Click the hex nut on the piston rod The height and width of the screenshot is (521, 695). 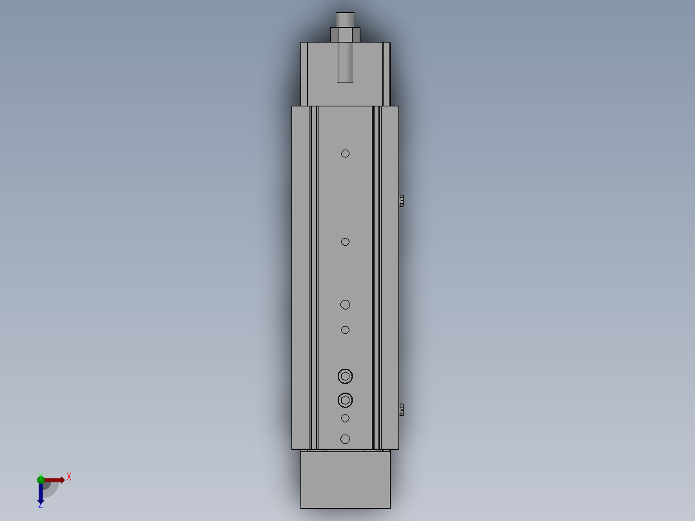click(345, 34)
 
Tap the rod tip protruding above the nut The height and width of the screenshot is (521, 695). click(345, 19)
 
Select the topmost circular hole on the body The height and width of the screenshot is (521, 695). click(346, 153)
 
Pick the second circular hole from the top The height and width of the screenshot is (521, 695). click(346, 242)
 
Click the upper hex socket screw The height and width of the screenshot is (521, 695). click(346, 376)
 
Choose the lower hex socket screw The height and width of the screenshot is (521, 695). click(346, 400)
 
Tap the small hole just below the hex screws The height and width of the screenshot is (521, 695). click(346, 418)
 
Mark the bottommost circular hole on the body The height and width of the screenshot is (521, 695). click(346, 439)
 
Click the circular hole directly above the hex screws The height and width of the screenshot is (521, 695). click(346, 330)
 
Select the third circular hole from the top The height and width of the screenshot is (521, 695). click(346, 304)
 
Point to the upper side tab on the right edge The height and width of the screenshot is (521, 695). click(402, 200)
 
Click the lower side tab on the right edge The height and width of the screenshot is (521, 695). click(402, 409)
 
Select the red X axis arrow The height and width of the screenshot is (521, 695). click(54, 480)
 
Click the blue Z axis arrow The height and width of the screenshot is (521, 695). click(41, 494)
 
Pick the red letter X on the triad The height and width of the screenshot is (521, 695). click(69, 477)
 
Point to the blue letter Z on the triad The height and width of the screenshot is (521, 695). click(40, 506)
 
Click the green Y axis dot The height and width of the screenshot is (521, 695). click(41, 479)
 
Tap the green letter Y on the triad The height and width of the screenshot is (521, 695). click(41, 473)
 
